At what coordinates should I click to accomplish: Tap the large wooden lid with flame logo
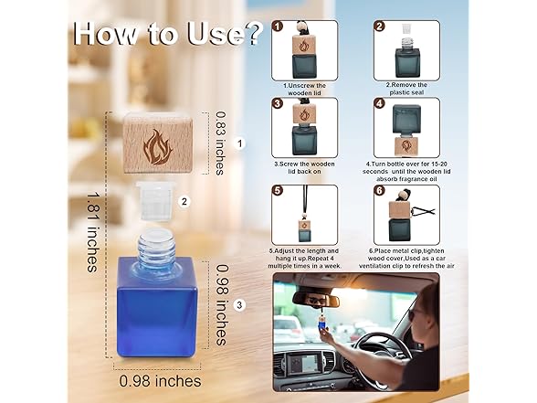click(x=158, y=143)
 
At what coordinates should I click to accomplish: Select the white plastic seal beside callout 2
click(x=156, y=200)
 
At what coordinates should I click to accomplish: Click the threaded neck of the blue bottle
click(x=157, y=245)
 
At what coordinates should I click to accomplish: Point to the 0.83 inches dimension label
click(x=220, y=143)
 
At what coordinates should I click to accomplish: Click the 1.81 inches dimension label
click(x=91, y=232)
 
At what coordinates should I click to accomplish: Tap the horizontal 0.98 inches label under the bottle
click(x=161, y=381)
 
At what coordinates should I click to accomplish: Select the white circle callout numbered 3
click(x=239, y=304)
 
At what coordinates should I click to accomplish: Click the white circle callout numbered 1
click(x=240, y=143)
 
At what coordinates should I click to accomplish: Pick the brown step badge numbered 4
click(x=380, y=103)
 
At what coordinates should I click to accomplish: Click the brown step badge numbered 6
click(x=380, y=190)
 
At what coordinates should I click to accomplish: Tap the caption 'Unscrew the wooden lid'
click(x=305, y=90)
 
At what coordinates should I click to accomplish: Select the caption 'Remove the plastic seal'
click(x=406, y=89)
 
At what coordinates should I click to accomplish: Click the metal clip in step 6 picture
click(x=424, y=211)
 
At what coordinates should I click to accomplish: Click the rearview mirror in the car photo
click(x=316, y=300)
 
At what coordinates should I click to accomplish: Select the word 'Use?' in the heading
click(x=226, y=33)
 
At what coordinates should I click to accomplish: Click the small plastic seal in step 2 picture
click(x=406, y=28)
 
